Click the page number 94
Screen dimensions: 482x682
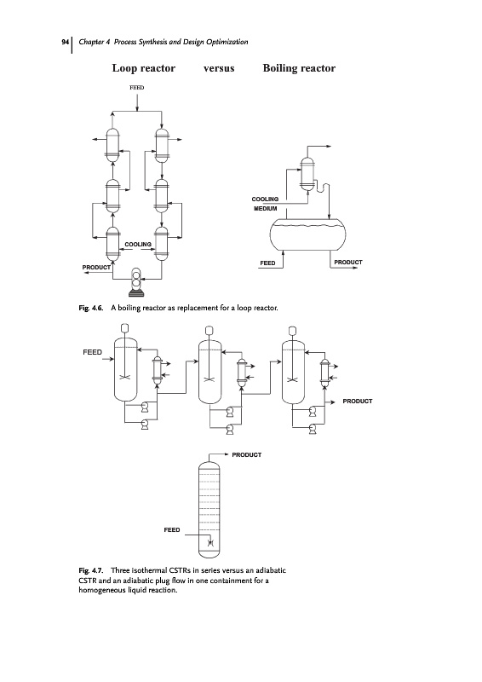pyautogui.click(x=65, y=42)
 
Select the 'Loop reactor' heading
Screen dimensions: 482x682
pyautogui.click(x=143, y=68)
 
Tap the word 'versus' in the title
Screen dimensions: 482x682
pyautogui.click(x=219, y=68)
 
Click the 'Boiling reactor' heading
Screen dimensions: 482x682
pyautogui.click(x=299, y=68)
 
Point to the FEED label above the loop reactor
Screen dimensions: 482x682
pyautogui.click(x=136, y=88)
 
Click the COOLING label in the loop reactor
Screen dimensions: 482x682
pyautogui.click(x=138, y=245)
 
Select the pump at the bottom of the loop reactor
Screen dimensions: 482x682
pyautogui.click(x=136, y=282)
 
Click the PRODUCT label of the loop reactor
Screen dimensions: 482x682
pyautogui.click(x=96, y=268)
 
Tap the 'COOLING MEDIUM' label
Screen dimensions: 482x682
pyautogui.click(x=265, y=204)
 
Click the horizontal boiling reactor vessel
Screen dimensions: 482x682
pyautogui.click(x=307, y=235)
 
